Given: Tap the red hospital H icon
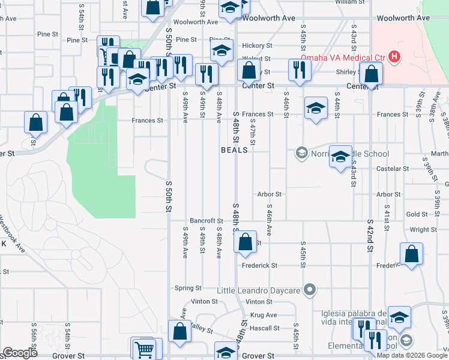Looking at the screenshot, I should (x=394, y=58).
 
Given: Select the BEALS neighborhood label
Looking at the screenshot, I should (x=234, y=150).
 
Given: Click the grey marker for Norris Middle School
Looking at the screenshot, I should (x=301, y=154).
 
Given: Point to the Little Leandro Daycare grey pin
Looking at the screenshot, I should (x=310, y=290).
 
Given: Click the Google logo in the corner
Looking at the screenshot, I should (x=20, y=353).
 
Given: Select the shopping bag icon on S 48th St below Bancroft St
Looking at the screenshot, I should (x=245, y=243).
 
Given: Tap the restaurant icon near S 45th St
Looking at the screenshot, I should (x=298, y=71).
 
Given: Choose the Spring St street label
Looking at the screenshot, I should (x=187, y=289).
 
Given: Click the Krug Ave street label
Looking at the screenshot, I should (x=264, y=315).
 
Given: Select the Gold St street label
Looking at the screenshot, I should (x=417, y=214).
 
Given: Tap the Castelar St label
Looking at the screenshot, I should (x=393, y=169).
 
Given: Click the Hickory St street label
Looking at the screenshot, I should (x=258, y=46).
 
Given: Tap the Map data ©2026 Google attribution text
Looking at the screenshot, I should (x=412, y=355).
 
